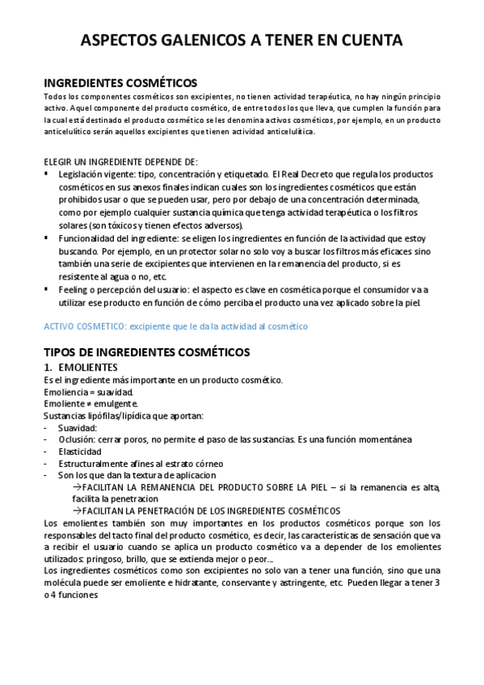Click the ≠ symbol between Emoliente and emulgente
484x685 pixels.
point(86,404)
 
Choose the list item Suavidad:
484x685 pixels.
point(78,427)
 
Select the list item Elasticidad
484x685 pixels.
point(80,452)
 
